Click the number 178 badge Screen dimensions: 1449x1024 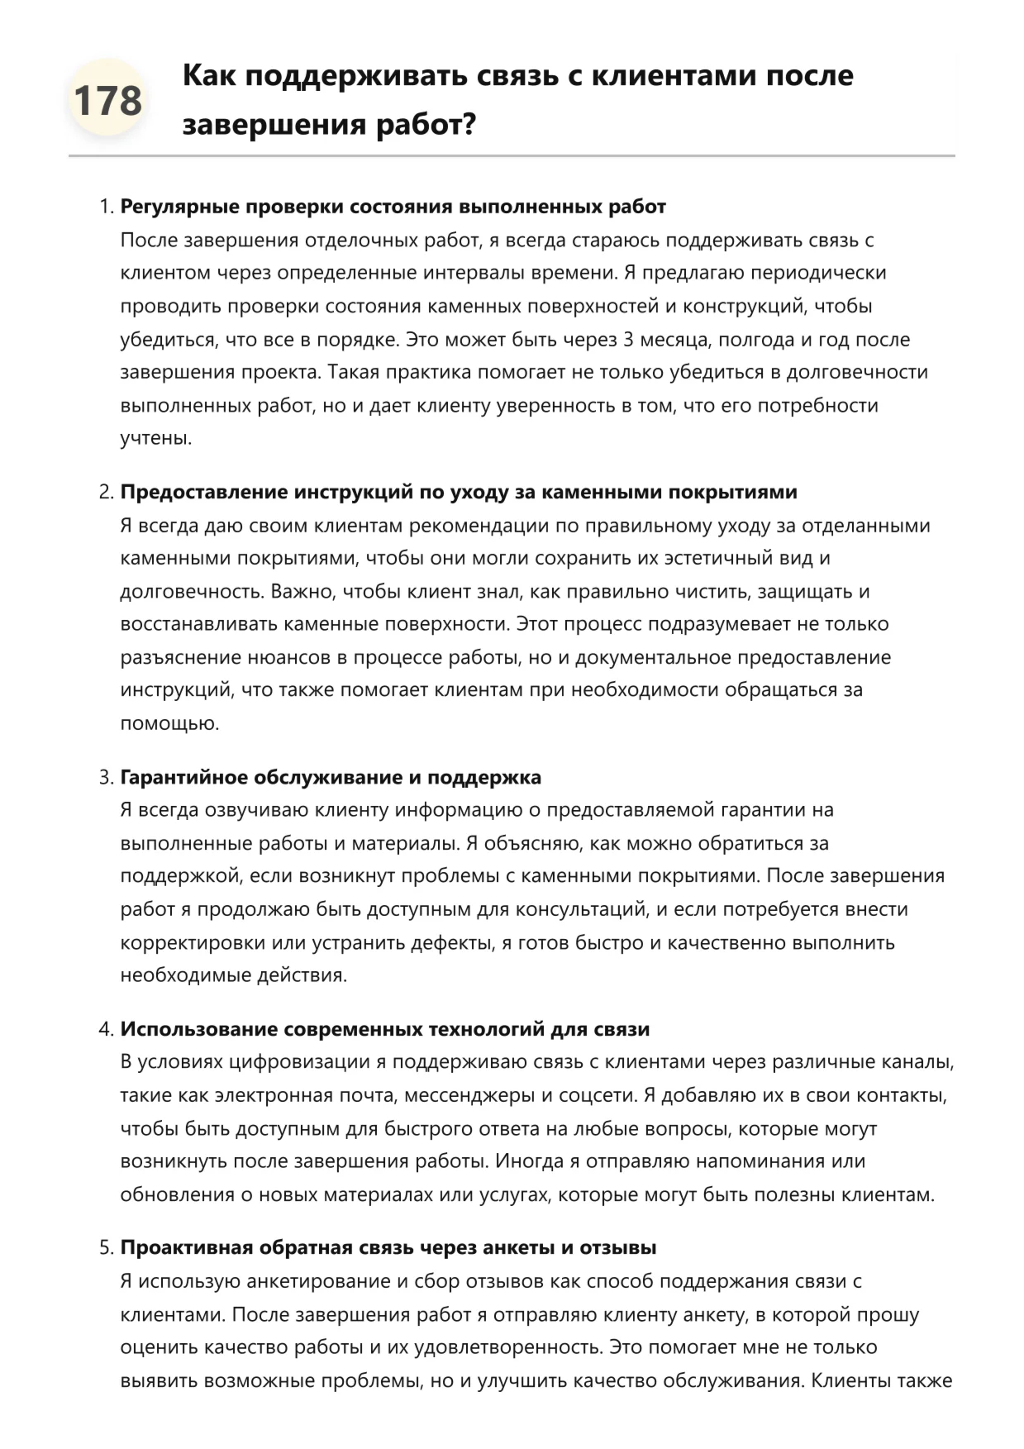(107, 100)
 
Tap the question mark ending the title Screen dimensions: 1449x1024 (469, 125)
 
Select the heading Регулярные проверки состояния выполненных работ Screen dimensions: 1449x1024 (393, 207)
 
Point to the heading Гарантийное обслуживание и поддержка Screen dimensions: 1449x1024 (331, 777)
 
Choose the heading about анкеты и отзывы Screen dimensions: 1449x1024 (388, 1247)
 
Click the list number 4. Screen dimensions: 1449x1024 (105, 1029)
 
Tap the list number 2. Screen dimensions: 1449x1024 (105, 492)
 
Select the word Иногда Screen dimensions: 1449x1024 (528, 1161)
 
